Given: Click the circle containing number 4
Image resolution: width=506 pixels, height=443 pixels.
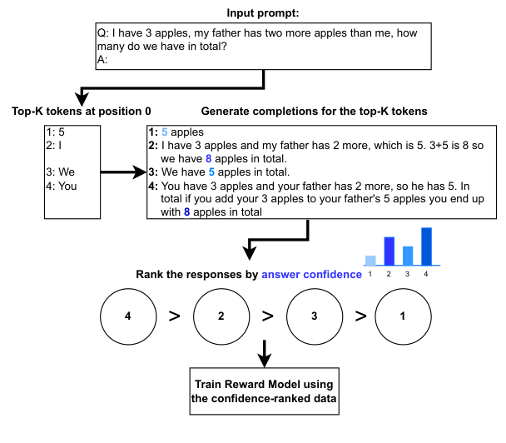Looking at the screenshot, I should (127, 316).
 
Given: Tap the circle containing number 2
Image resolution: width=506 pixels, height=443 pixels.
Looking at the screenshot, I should (221, 316).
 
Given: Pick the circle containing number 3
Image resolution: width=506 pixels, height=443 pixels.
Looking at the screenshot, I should (315, 316).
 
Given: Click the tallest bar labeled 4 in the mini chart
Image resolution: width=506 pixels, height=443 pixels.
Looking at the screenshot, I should (426, 245).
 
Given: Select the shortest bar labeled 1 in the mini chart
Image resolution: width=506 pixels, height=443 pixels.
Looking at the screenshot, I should (371, 260).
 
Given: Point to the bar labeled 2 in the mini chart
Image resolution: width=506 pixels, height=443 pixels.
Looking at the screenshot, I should (389, 250).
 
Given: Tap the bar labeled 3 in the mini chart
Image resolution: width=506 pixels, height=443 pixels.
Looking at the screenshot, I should (408, 255).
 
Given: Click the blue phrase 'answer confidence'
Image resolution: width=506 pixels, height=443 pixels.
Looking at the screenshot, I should (312, 274).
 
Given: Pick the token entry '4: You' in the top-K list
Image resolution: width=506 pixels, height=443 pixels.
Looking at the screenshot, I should (63, 186).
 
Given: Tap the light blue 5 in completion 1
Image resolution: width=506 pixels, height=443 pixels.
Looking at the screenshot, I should (164, 132).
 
